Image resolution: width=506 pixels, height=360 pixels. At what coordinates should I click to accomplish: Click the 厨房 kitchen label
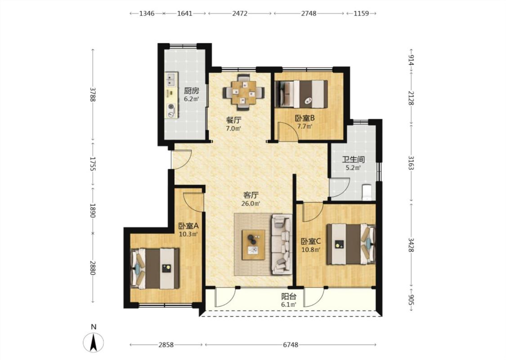pyautogui.click(x=191, y=90)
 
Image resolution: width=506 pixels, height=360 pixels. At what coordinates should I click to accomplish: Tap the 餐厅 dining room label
pyautogui.click(x=233, y=120)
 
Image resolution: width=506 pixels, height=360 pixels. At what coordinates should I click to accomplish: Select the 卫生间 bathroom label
pyautogui.click(x=354, y=159)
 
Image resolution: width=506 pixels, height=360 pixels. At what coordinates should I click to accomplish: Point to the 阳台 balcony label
pyautogui.click(x=288, y=296)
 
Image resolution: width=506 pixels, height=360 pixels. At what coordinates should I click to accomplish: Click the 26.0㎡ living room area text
pyautogui.click(x=251, y=204)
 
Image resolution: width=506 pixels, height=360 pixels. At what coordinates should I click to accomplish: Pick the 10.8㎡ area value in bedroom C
pyautogui.click(x=311, y=250)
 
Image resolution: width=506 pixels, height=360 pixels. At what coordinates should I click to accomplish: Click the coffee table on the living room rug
pyautogui.click(x=254, y=245)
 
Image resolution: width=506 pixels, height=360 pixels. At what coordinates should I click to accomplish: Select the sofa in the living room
pyautogui.click(x=282, y=244)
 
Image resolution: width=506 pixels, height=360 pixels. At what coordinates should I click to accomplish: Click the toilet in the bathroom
pyautogui.click(x=367, y=193)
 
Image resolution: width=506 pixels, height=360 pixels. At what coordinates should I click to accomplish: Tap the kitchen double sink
pyautogui.click(x=171, y=80)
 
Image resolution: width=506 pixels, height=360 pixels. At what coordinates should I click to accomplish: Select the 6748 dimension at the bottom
pyautogui.click(x=291, y=345)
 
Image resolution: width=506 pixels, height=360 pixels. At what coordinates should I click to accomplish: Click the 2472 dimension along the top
pyautogui.click(x=240, y=13)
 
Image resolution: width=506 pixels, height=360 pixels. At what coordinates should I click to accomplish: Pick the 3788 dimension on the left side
pyautogui.click(x=93, y=94)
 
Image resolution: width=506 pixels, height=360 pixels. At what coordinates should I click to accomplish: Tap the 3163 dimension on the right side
pyautogui.click(x=411, y=163)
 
